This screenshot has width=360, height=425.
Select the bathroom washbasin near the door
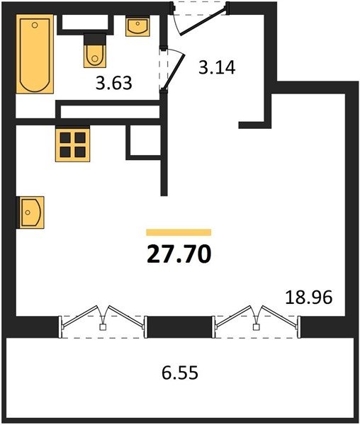point(137,27)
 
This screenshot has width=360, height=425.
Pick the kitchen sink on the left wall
point(31,212)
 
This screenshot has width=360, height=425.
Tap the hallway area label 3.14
point(217,69)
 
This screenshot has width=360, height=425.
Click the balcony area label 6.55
point(174,370)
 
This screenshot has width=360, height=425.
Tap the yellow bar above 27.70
point(179,232)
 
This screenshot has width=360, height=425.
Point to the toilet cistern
point(93,38)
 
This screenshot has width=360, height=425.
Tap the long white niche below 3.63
point(110,112)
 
